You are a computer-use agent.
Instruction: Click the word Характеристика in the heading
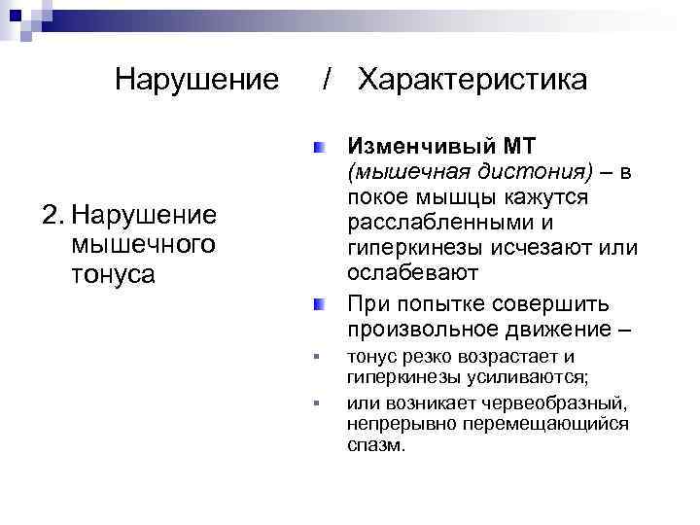[472, 80]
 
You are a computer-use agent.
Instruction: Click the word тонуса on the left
[113, 275]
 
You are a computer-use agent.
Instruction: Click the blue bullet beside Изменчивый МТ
[319, 149]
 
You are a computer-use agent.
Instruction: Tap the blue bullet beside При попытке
[319, 305]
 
